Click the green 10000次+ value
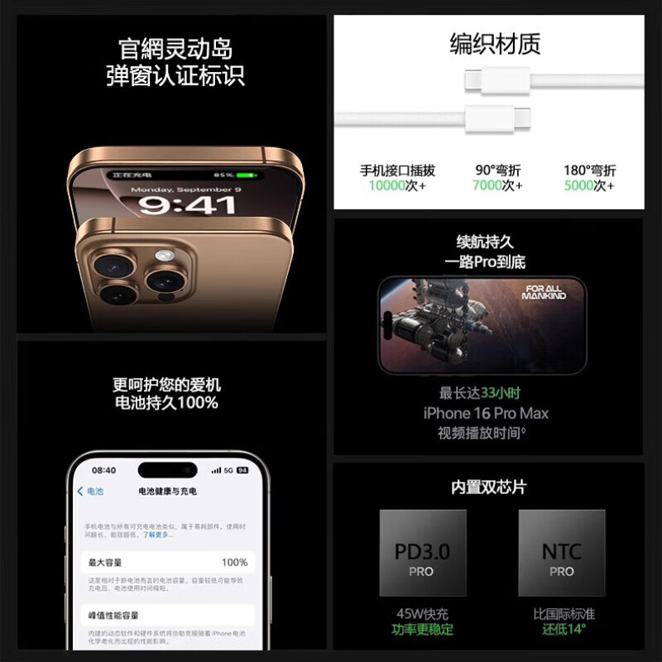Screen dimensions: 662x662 coord(397,186)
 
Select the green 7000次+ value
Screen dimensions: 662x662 coord(496,186)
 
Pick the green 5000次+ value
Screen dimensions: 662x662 coord(588,186)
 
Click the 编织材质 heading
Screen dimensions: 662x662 coord(495,44)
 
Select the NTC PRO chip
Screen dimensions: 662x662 coord(561,553)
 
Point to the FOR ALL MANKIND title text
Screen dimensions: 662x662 coord(544,292)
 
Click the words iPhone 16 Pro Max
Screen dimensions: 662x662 coord(486,413)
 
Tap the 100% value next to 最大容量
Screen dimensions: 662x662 coord(234,563)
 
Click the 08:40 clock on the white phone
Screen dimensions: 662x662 coord(103,470)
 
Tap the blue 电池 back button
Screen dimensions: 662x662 coord(91,492)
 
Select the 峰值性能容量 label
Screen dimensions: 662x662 coord(114,616)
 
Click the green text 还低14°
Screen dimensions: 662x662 coord(563,630)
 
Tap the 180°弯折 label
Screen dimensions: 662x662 coord(589,170)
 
